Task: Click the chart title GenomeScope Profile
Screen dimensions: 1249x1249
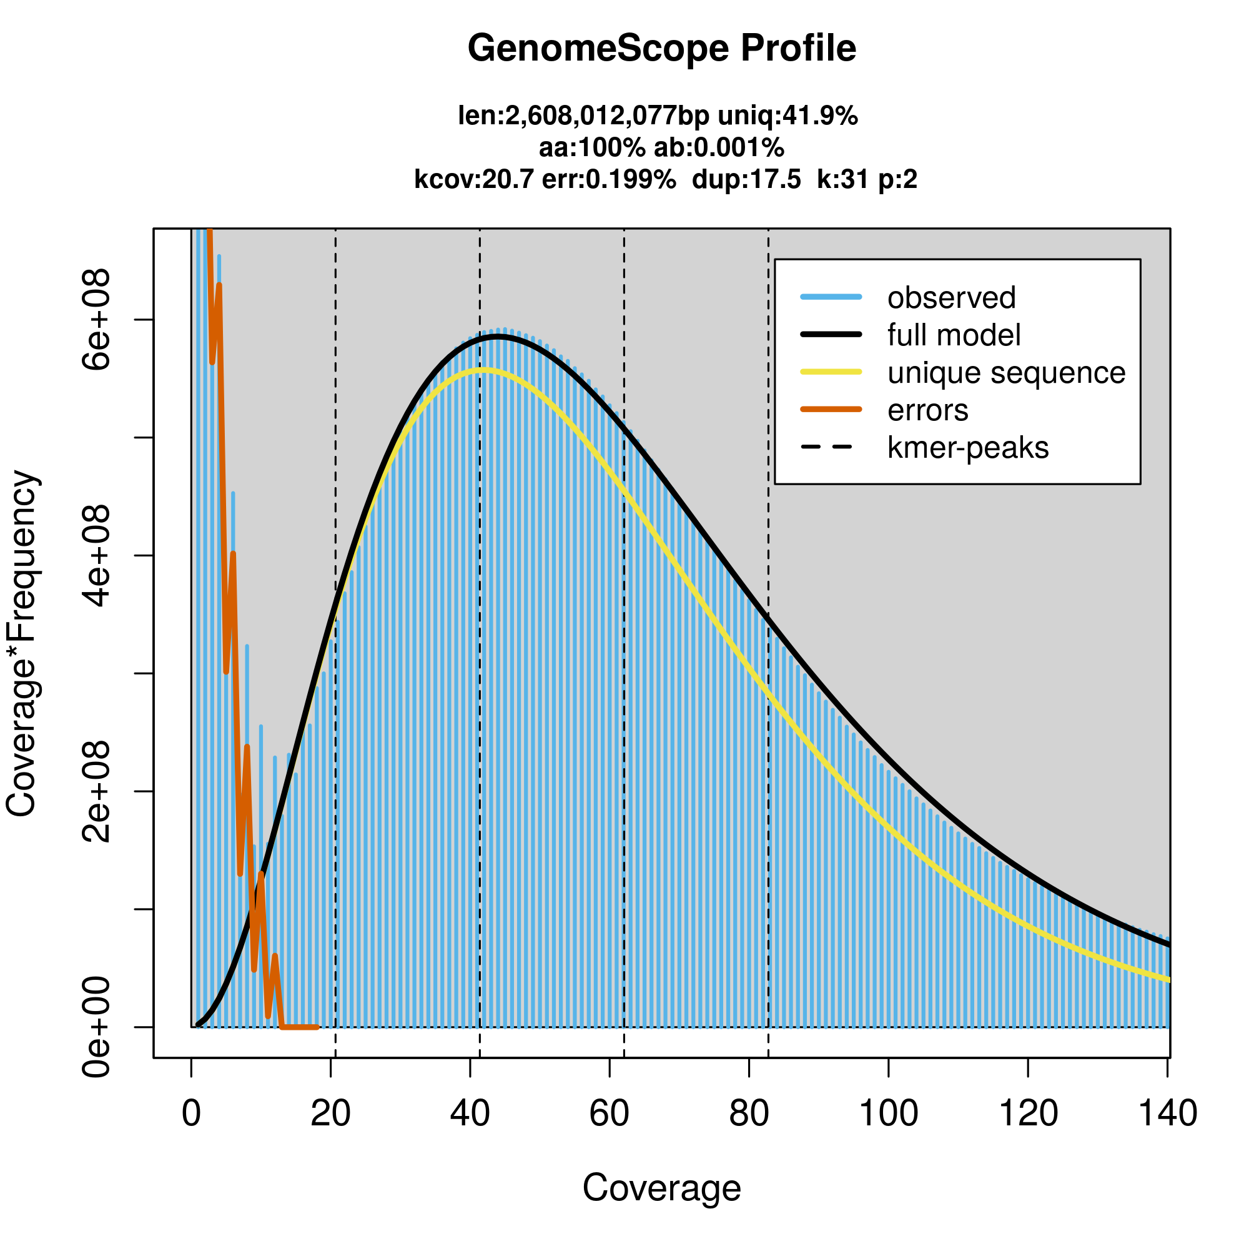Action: [661, 49]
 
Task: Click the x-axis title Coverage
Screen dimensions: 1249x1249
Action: [661, 1188]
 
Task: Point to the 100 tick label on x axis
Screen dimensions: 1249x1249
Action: [888, 1114]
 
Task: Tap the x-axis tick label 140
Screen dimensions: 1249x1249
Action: [1168, 1114]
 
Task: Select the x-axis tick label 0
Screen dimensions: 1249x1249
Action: [191, 1114]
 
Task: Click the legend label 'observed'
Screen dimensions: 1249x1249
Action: [951, 297]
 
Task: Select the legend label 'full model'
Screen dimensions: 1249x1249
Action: [954, 335]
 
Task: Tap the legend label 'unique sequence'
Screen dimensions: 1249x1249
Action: [1006, 372]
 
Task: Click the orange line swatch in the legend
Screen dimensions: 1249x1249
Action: [831, 409]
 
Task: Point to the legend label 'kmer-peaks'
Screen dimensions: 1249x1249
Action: [968, 447]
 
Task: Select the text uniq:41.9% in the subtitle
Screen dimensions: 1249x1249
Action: [787, 116]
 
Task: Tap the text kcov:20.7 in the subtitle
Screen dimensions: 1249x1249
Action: [474, 179]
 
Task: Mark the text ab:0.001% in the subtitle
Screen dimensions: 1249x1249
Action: [719, 148]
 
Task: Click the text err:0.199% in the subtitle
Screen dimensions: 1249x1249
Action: [608, 179]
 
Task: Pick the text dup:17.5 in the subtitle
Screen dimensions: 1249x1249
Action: [746, 179]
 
